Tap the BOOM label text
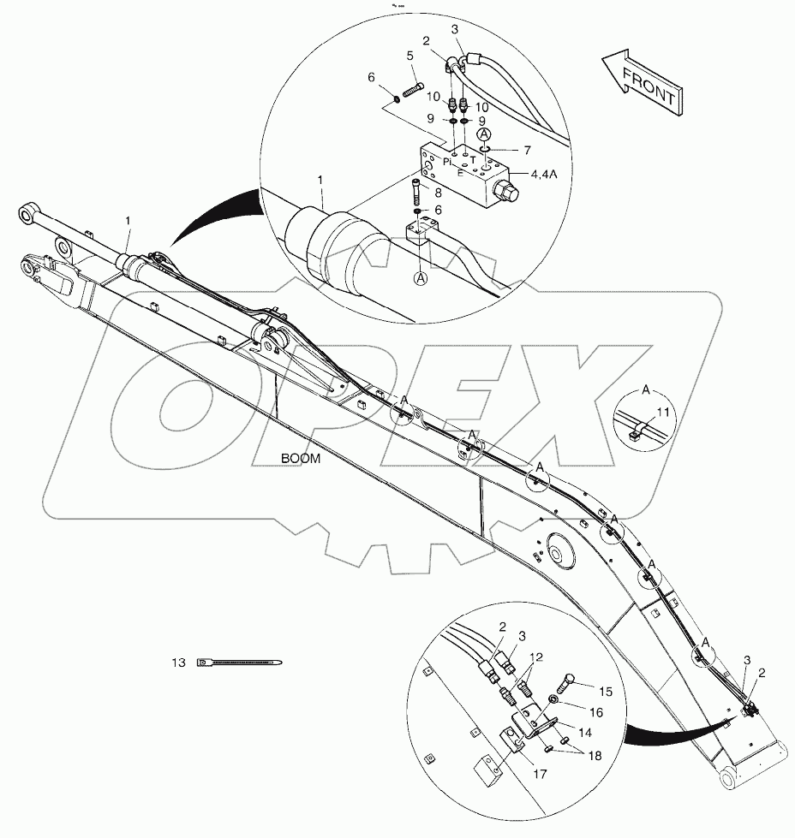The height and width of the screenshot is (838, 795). [301, 459]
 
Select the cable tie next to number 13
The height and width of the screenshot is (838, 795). [238, 662]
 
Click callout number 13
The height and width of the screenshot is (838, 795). [178, 662]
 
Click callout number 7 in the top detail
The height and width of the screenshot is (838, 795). [528, 150]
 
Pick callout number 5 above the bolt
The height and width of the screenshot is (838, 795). [410, 56]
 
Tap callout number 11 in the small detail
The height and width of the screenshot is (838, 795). [663, 412]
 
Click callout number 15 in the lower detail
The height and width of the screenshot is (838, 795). [605, 690]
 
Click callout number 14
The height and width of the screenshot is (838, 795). [586, 733]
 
